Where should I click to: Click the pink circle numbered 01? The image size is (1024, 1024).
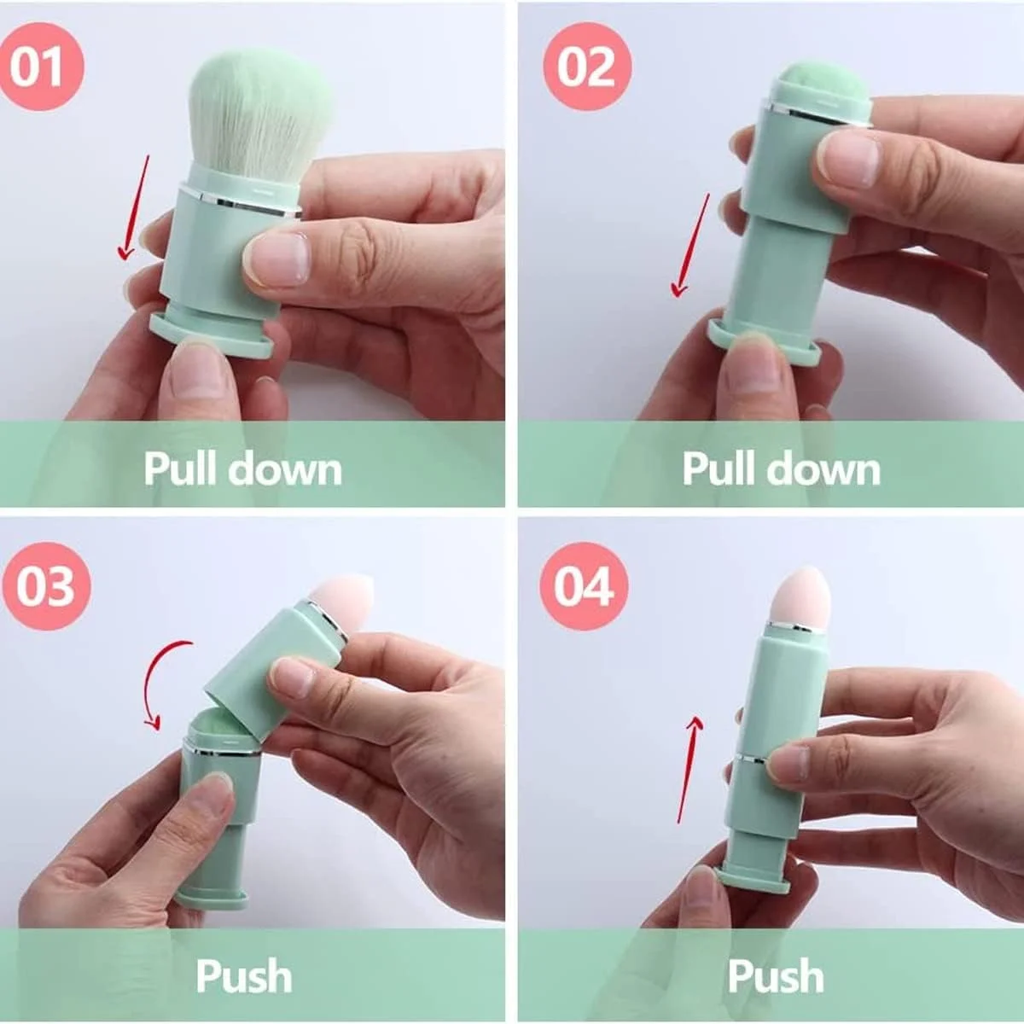[39, 67]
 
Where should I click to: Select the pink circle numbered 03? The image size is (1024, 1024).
[46, 586]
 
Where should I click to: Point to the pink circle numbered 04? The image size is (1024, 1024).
[584, 586]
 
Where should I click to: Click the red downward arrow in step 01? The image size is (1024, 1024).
[135, 208]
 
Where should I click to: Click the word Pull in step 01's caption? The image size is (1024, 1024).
[181, 468]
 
